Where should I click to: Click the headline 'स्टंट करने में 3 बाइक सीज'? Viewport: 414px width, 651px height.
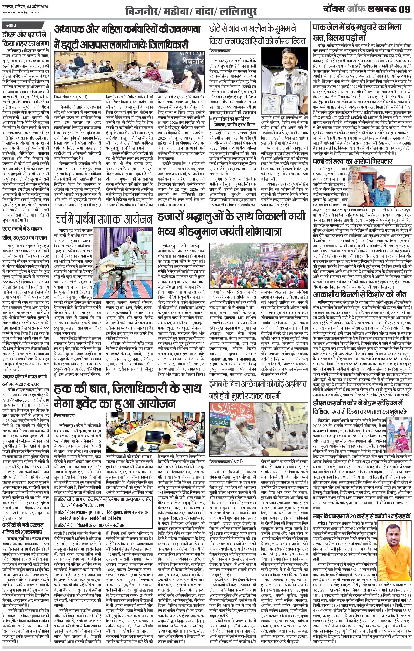26,233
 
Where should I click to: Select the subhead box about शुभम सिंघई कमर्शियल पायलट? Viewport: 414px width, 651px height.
234,121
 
